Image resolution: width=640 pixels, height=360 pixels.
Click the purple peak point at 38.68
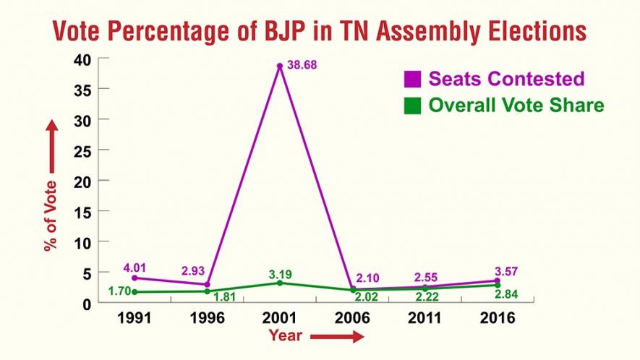pyautogui.click(x=279, y=67)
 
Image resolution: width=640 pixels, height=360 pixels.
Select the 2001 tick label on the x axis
pyautogui.click(x=280, y=319)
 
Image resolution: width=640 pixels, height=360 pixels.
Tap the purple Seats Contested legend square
pyautogui.click(x=412, y=79)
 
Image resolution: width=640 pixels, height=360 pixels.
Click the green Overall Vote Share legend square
pyautogui.click(x=412, y=106)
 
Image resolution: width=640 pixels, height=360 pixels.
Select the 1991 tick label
pyautogui.click(x=135, y=319)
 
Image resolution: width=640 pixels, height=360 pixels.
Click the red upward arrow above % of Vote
pyautogui.click(x=51, y=147)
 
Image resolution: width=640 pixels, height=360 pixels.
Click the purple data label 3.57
pyautogui.click(x=497, y=271)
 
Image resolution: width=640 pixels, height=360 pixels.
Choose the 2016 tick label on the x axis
pyautogui.click(x=497, y=319)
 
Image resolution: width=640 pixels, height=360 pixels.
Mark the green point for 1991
pyautogui.click(x=135, y=292)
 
